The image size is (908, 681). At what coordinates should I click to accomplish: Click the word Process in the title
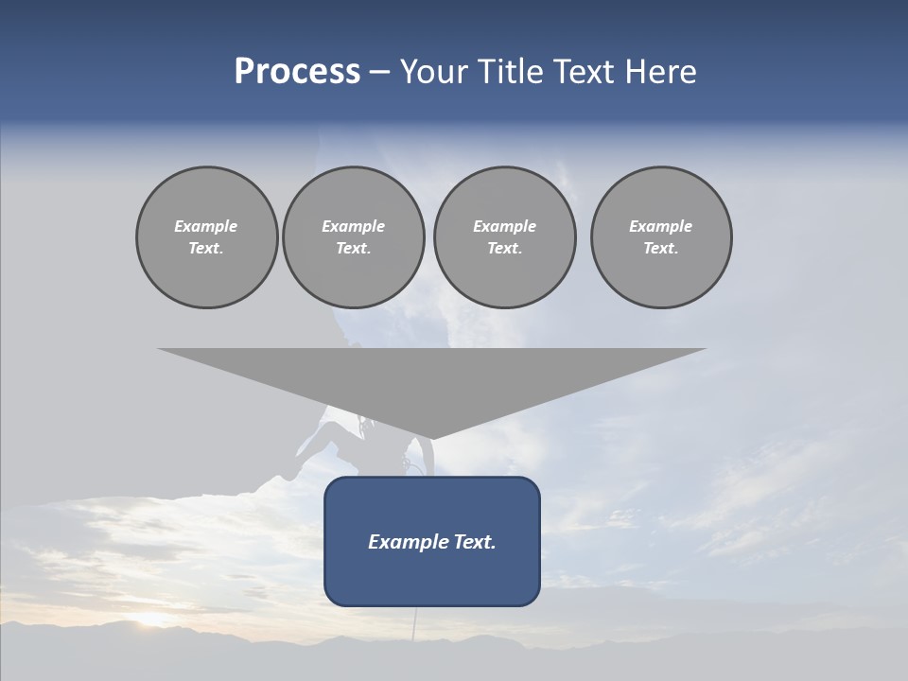click(x=297, y=72)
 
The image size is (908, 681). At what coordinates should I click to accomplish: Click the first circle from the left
click(x=206, y=237)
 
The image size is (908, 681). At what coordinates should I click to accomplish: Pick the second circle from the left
click(x=353, y=237)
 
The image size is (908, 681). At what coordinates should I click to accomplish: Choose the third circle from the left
click(x=504, y=237)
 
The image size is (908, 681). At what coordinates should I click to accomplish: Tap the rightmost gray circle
click(x=661, y=237)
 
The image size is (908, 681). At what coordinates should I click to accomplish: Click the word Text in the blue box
click(x=474, y=542)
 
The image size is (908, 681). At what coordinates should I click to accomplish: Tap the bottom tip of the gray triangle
click(x=432, y=437)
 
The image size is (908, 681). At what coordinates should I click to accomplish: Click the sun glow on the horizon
click(x=151, y=620)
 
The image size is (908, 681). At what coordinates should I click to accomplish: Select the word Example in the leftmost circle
click(x=206, y=226)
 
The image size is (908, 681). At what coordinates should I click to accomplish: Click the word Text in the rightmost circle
click(x=660, y=249)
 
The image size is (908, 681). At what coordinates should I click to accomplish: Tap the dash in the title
click(x=380, y=73)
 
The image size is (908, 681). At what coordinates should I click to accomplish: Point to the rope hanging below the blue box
click(x=413, y=624)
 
